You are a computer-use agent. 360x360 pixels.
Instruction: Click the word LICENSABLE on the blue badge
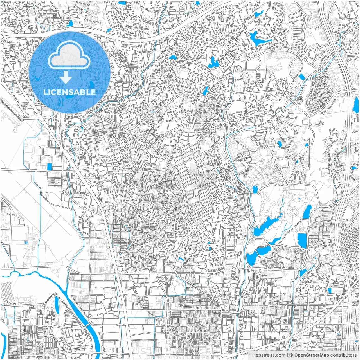(69, 92)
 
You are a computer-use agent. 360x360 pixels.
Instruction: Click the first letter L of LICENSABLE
(45, 92)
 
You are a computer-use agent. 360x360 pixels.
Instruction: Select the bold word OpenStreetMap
(312, 355)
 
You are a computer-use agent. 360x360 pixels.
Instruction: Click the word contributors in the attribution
(343, 355)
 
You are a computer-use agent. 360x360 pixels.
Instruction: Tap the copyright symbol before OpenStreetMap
(291, 355)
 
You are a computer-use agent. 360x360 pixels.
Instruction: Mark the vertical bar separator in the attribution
(287, 355)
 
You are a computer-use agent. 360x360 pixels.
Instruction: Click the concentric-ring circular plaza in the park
(293, 210)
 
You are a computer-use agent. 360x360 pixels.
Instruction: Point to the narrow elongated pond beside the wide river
(56, 305)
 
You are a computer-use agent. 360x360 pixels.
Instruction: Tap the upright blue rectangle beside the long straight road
(50, 167)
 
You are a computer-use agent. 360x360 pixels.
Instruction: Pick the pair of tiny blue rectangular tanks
(26, 242)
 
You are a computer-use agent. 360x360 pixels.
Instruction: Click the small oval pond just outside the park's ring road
(255, 190)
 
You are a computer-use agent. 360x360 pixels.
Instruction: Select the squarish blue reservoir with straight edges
(302, 241)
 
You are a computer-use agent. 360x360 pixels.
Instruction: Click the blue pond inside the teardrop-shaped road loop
(302, 76)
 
